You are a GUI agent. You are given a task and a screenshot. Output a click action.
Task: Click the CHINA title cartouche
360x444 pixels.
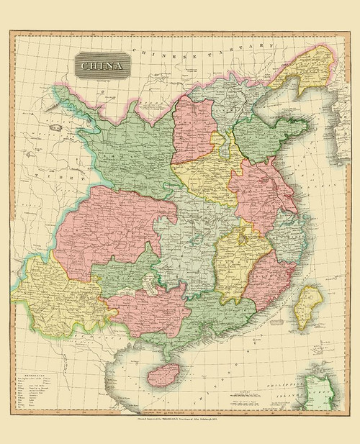100,68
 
